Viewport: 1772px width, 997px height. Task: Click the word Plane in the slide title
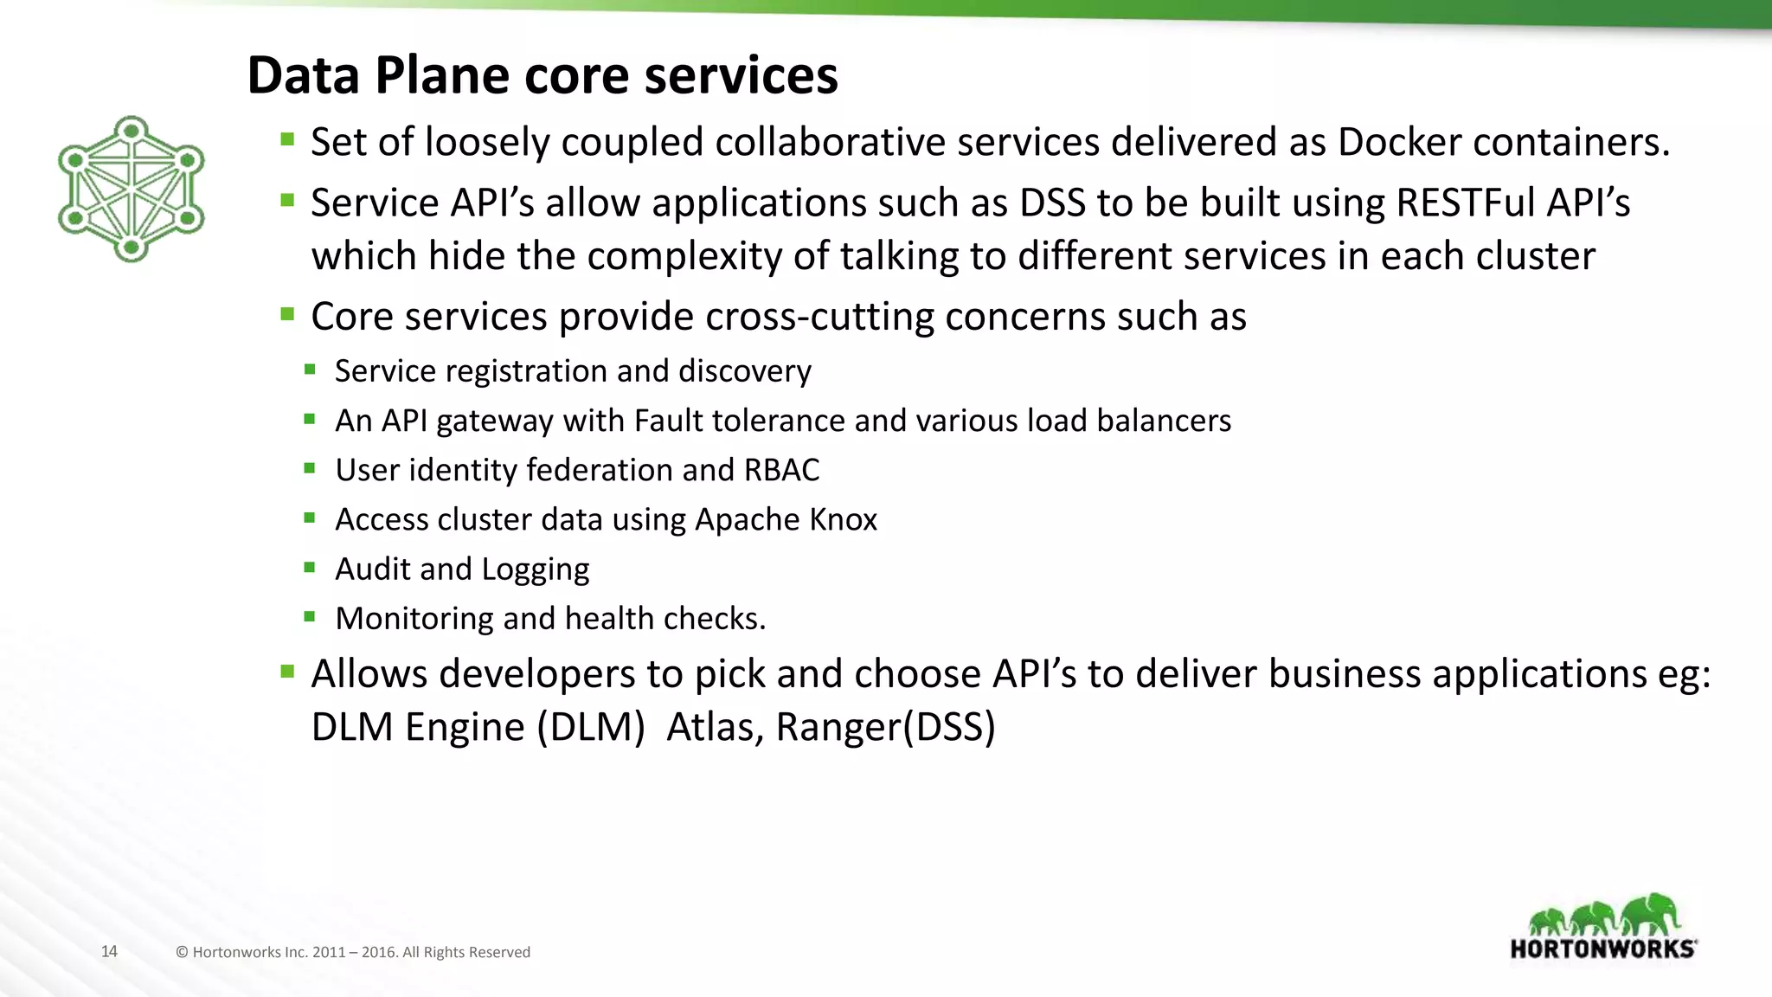pos(442,75)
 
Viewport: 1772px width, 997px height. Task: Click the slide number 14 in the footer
pos(109,951)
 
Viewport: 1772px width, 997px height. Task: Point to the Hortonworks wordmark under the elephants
pos(1602,949)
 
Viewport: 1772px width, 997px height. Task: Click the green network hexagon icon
pos(131,189)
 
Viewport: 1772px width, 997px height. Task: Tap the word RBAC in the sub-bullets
pos(781,470)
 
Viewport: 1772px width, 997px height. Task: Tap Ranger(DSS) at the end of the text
pos(885,727)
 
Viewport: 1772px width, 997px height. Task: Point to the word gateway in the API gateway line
pos(494,421)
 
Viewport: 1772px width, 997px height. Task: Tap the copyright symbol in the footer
pos(182,952)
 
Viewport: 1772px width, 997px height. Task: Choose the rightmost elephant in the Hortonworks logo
pos(1651,914)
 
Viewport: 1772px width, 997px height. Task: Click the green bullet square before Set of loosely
pos(288,138)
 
